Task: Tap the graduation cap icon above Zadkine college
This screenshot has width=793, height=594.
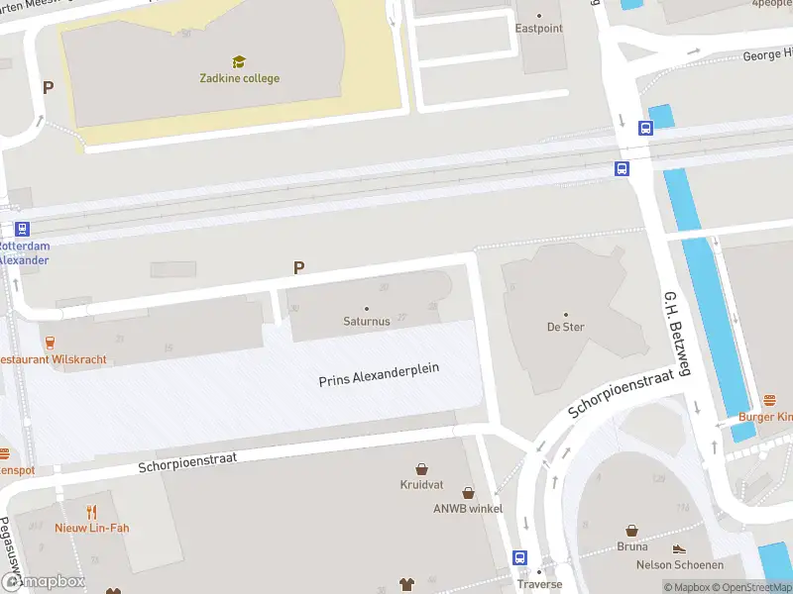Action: [238, 62]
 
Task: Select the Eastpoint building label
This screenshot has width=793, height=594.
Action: [538, 29]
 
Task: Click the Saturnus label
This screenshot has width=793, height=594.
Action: [367, 322]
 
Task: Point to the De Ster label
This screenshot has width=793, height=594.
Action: [566, 327]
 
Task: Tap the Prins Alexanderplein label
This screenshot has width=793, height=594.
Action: [379, 375]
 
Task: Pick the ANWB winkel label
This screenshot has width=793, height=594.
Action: [468, 509]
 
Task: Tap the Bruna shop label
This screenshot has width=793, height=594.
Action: [631, 546]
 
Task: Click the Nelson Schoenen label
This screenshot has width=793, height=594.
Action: [679, 565]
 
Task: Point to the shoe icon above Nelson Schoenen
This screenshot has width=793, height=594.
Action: [679, 549]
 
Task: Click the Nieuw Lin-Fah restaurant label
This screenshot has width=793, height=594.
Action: [92, 528]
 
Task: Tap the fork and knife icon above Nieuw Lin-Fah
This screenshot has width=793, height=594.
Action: [92, 512]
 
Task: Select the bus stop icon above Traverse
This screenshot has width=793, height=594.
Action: [519, 557]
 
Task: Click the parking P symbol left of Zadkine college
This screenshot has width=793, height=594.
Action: [47, 87]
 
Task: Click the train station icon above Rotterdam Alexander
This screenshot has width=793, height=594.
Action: [22, 229]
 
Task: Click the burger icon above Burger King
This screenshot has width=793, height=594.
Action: [770, 401]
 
